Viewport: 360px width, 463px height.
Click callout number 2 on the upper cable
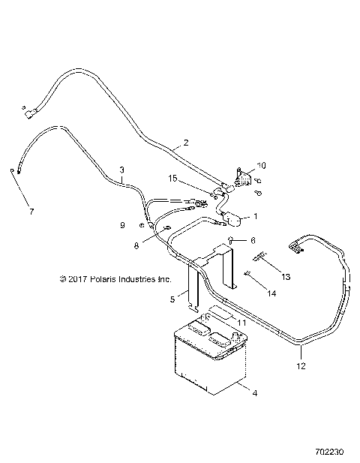tap(186, 143)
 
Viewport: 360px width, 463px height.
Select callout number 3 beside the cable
tap(121, 170)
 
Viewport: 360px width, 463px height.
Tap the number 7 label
tap(31, 212)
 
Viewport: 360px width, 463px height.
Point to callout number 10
tap(262, 166)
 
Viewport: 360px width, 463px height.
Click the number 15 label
tap(173, 179)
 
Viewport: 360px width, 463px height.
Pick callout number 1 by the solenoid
tap(256, 216)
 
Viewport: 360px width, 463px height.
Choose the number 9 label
tap(123, 225)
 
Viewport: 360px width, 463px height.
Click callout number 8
tap(136, 245)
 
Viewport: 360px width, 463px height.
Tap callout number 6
tap(253, 241)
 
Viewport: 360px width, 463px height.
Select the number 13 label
tap(286, 277)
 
